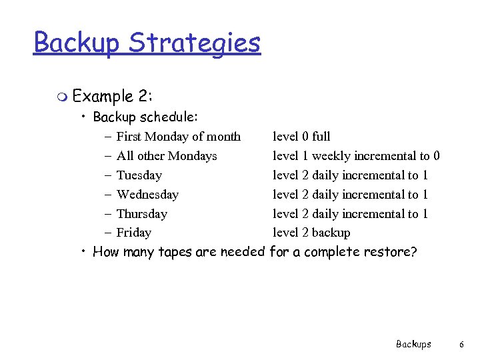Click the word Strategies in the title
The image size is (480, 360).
click(x=195, y=43)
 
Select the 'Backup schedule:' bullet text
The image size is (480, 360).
click(x=145, y=117)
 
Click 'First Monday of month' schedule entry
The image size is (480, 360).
click(x=178, y=137)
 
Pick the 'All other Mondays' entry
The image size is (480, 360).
click(x=167, y=156)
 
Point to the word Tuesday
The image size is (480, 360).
click(x=139, y=175)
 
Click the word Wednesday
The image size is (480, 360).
click(x=147, y=195)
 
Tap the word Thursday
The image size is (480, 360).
click(x=141, y=214)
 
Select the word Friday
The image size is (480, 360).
click(x=133, y=233)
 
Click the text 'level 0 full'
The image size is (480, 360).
click(x=301, y=137)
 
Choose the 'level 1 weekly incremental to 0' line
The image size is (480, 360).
click(x=356, y=156)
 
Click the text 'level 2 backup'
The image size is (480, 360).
click(x=311, y=233)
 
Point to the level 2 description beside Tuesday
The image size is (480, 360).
click(x=350, y=175)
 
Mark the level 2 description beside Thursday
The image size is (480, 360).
click(x=350, y=214)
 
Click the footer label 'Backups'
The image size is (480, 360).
click(x=413, y=344)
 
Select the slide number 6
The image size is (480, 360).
click(x=461, y=344)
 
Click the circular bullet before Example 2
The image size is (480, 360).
click(x=62, y=98)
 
